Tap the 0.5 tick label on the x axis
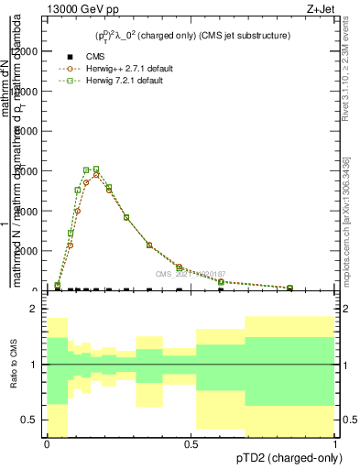(191, 444)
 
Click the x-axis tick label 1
(334, 444)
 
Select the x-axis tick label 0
(47, 444)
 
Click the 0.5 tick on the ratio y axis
(30, 420)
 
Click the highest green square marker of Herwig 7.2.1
(96, 169)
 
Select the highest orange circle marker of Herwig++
(96, 174)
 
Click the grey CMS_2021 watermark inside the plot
(191, 273)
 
